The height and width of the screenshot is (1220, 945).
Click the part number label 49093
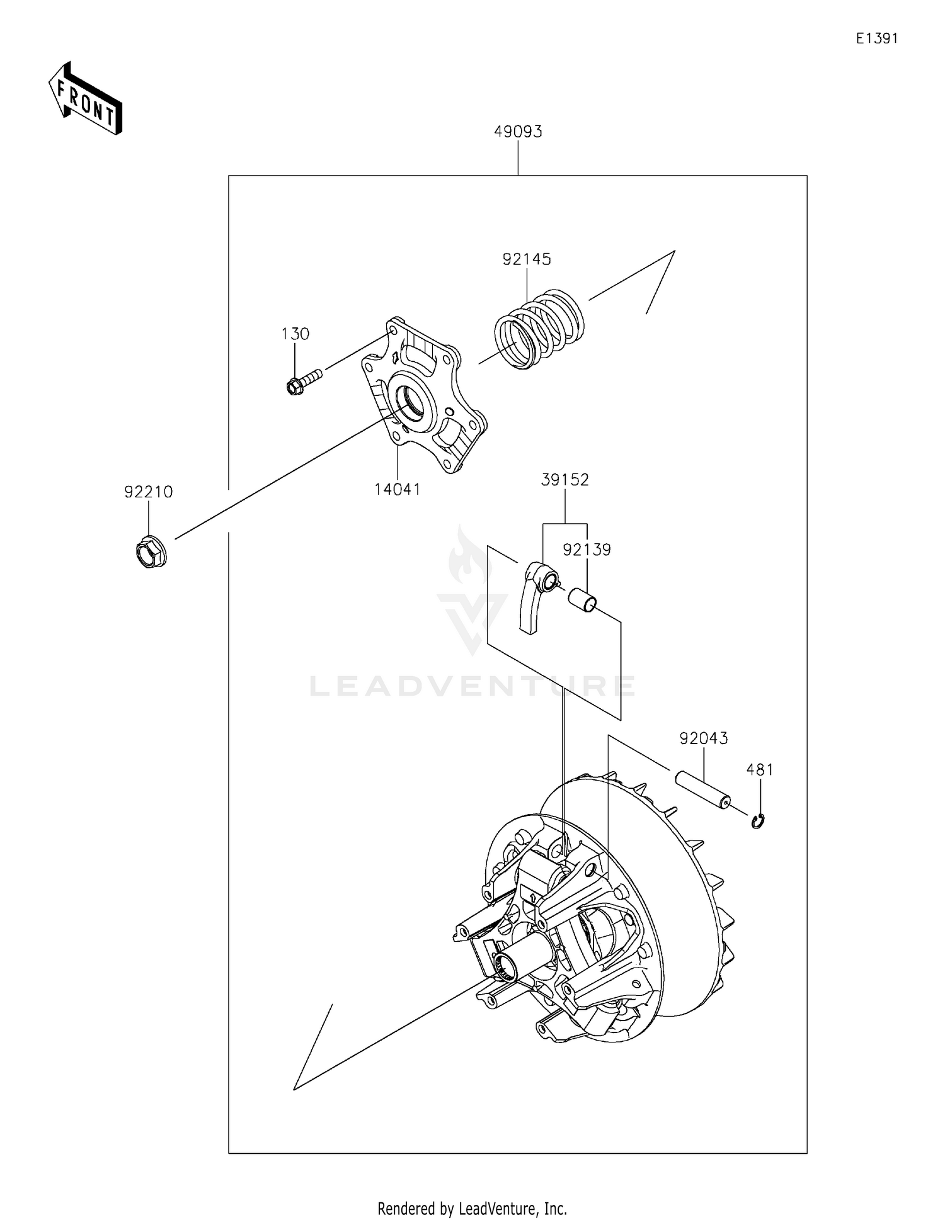click(x=518, y=132)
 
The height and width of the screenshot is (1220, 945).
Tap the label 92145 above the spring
click(x=527, y=259)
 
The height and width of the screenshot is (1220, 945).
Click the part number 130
click(x=295, y=334)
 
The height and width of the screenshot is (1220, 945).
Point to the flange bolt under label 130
click(x=303, y=381)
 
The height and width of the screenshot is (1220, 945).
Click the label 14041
click(x=397, y=489)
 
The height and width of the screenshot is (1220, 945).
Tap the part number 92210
click(x=148, y=492)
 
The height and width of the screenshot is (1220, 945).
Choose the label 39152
click(x=564, y=480)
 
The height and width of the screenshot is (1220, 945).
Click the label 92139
click(x=587, y=550)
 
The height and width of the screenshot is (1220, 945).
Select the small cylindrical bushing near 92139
click(x=582, y=600)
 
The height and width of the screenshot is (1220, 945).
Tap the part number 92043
click(x=703, y=738)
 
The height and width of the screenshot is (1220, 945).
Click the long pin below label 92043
click(x=703, y=791)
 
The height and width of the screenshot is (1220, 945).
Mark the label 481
click(x=759, y=769)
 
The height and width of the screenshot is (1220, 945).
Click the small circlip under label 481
click(x=759, y=821)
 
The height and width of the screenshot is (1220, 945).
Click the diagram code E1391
click(x=876, y=38)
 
